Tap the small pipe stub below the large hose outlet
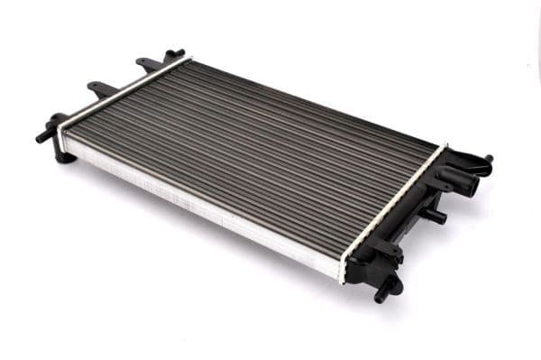[435, 217]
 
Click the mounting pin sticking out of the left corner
[43, 135]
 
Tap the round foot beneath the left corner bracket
[63, 156]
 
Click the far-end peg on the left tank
[174, 53]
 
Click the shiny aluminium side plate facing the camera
[198, 203]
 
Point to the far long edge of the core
[316, 101]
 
